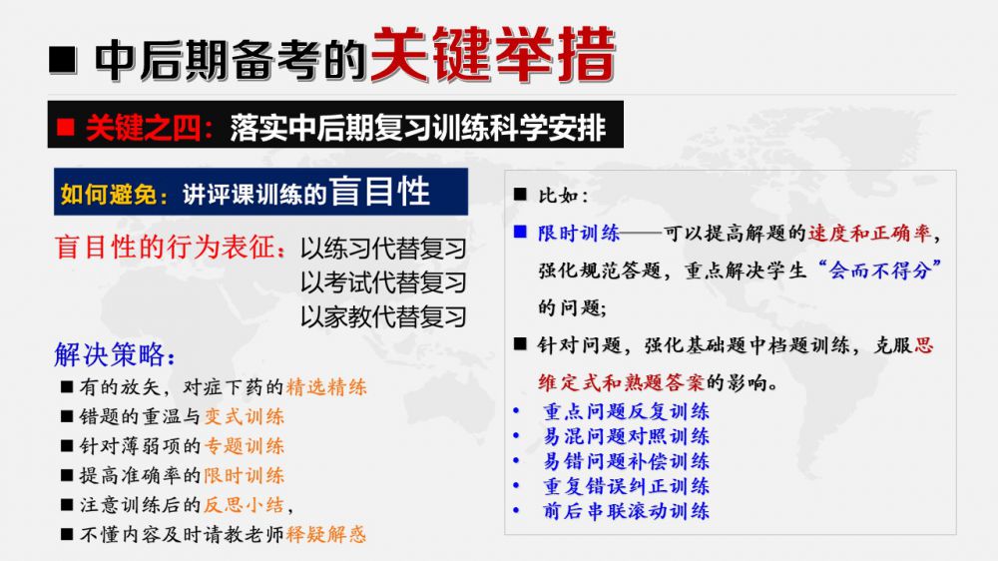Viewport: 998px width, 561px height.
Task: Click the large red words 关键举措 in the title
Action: pyautogui.click(x=493, y=55)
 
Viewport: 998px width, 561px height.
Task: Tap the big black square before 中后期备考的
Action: pyautogui.click(x=63, y=61)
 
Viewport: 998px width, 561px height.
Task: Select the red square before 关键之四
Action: pyautogui.click(x=66, y=128)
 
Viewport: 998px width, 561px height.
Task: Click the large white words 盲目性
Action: pyautogui.click(x=380, y=191)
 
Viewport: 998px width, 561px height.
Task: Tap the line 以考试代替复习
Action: pyautogui.click(x=384, y=282)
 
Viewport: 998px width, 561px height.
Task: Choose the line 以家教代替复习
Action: pyautogui.click(x=384, y=316)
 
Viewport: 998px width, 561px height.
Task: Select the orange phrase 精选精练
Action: pyautogui.click(x=326, y=386)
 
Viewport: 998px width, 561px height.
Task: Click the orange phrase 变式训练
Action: pyautogui.click(x=244, y=416)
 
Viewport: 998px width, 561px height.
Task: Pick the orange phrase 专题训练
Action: pyautogui.click(x=244, y=446)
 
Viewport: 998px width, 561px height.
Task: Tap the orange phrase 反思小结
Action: pyautogui.click(x=244, y=505)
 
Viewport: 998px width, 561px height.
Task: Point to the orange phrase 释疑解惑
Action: pyautogui.click(x=326, y=534)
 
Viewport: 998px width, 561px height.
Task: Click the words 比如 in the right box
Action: pyautogui.click(x=558, y=195)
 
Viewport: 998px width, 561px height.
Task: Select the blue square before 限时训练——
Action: pyautogui.click(x=520, y=232)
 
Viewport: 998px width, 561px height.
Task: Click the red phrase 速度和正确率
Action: pyautogui.click(x=869, y=233)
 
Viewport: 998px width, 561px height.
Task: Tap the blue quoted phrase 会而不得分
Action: pyautogui.click(x=881, y=271)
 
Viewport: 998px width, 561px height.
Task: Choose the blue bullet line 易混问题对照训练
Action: pyautogui.click(x=627, y=436)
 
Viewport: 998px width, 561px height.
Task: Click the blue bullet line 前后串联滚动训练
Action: pyautogui.click(x=627, y=511)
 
